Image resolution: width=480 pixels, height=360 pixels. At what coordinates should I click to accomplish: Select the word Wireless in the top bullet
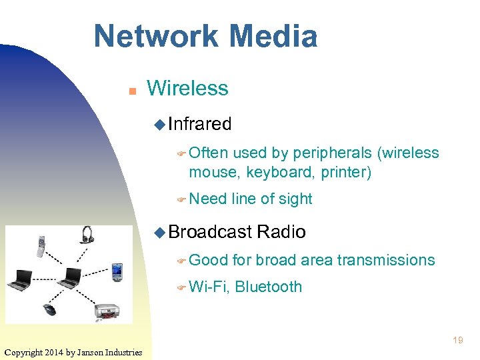pyautogui.click(x=187, y=88)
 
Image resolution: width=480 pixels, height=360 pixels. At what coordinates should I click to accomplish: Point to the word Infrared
pyautogui.click(x=200, y=124)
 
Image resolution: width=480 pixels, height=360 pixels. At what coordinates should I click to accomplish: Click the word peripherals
pyautogui.click(x=330, y=153)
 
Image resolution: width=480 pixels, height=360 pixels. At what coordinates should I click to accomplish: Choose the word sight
pyautogui.click(x=296, y=199)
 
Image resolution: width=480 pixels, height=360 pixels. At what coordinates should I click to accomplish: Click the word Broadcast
pyautogui.click(x=210, y=232)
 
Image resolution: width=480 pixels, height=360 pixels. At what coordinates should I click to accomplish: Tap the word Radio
pyautogui.click(x=281, y=232)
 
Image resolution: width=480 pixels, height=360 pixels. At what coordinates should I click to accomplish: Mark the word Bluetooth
pyautogui.click(x=269, y=287)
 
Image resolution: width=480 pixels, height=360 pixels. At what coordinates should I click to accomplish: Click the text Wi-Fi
pyautogui.click(x=209, y=287)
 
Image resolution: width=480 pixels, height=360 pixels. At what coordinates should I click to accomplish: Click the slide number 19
pyautogui.click(x=458, y=341)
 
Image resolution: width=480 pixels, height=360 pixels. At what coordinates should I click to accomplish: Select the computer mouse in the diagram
pyautogui.click(x=51, y=310)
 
